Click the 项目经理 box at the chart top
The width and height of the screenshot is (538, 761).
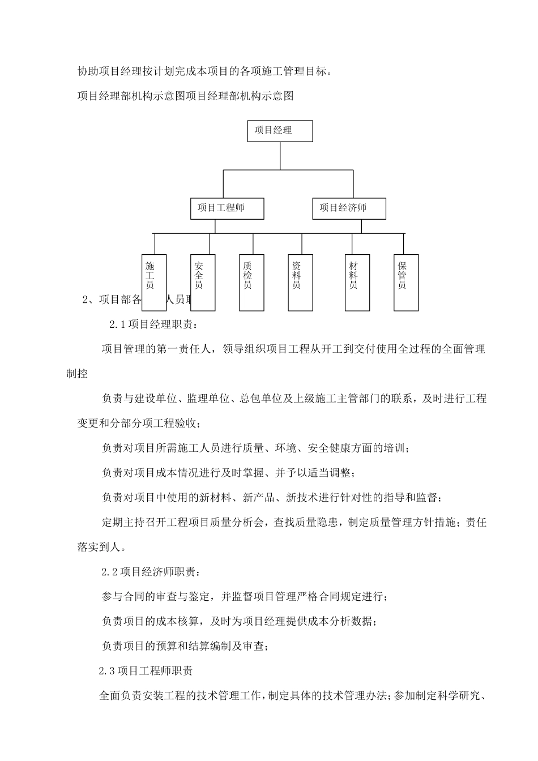(280, 131)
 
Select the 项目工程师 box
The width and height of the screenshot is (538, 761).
(227, 208)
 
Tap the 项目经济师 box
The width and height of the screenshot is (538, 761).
(349, 208)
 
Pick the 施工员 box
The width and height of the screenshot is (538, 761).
(153, 281)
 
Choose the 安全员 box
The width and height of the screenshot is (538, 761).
(202, 281)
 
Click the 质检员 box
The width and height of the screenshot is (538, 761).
(251, 281)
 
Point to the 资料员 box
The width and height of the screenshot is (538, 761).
(301, 281)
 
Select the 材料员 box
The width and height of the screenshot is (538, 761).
(357, 281)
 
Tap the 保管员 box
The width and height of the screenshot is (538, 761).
(406, 281)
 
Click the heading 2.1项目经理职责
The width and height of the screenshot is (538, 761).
(153, 324)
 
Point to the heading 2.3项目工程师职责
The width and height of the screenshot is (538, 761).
(146, 671)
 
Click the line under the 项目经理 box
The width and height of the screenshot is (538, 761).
(280, 156)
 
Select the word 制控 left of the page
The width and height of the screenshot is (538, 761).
(77, 374)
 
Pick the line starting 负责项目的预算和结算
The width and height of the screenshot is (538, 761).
(184, 645)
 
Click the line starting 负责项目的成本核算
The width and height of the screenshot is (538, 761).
(238, 621)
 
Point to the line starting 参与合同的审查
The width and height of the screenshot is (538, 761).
(244, 596)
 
